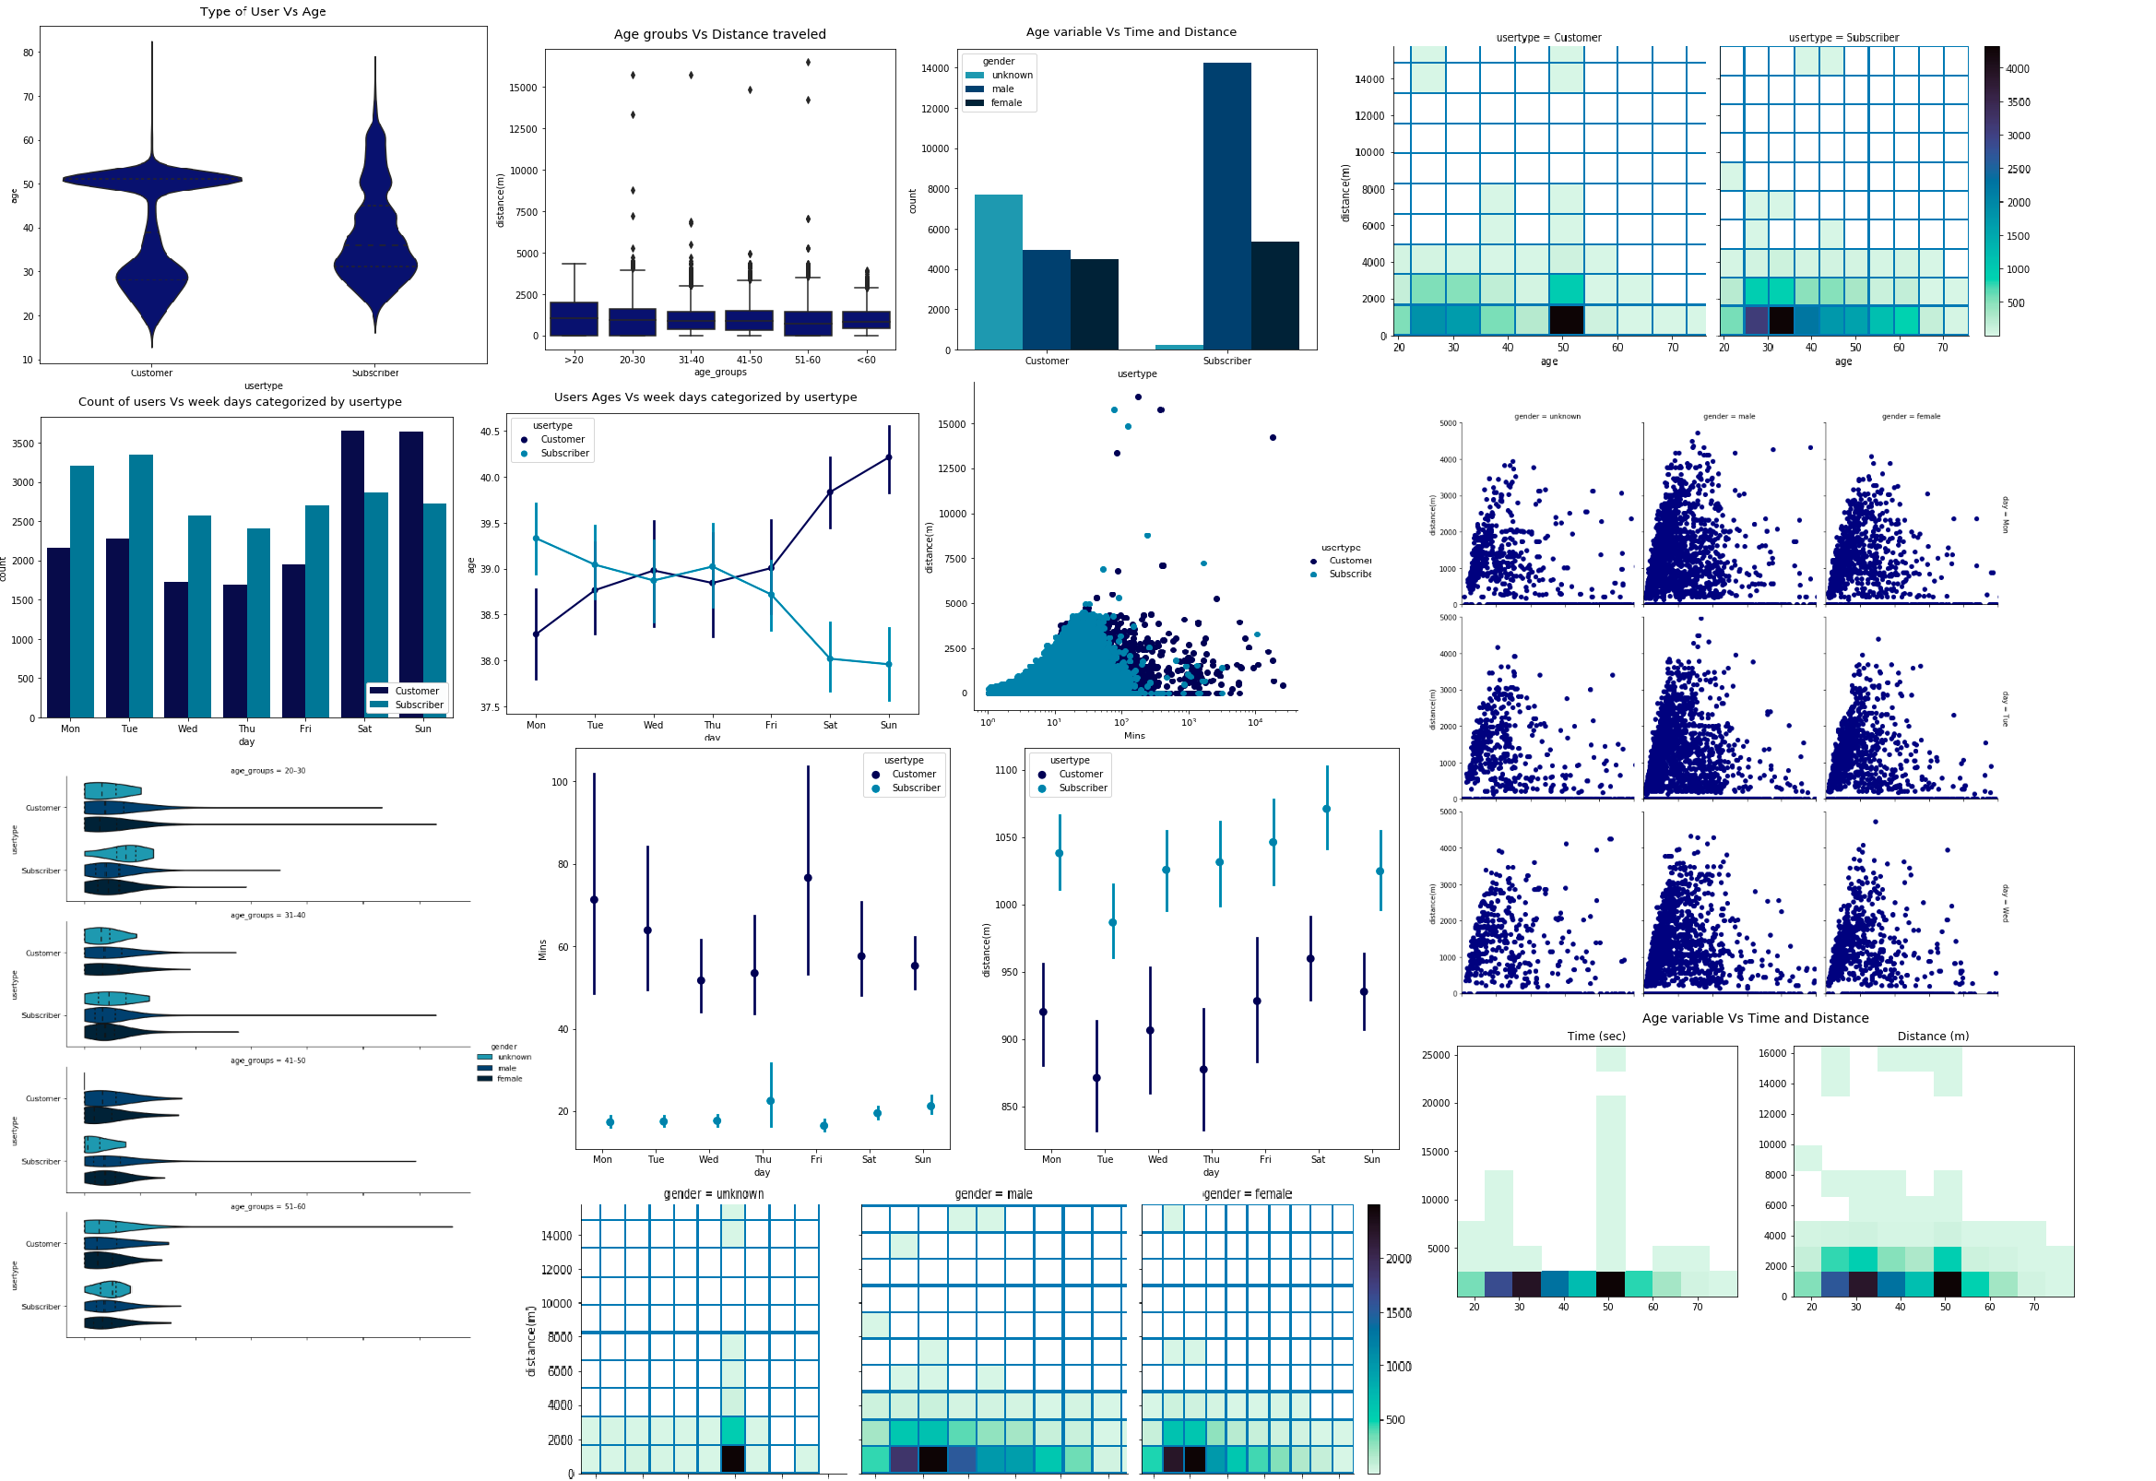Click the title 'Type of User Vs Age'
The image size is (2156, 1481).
[x=263, y=12]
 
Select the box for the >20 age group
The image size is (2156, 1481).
[x=574, y=318]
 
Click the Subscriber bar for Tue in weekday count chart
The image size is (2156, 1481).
[x=141, y=586]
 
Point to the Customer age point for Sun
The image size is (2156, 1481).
[x=889, y=457]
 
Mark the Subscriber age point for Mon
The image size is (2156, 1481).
[x=536, y=539]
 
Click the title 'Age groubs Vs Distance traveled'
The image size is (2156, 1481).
[x=719, y=34]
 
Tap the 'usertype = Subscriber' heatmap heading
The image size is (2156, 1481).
[x=1842, y=38]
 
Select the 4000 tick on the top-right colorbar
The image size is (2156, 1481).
[x=2017, y=68]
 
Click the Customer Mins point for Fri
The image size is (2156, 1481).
[x=808, y=878]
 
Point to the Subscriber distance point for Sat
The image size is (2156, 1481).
[x=1327, y=809]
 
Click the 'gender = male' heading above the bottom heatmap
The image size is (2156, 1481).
[x=992, y=1194]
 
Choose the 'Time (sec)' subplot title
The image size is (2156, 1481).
[x=1595, y=1036]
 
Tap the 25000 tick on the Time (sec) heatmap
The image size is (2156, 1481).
[x=1435, y=1055]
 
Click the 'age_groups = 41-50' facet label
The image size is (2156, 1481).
[x=268, y=1060]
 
